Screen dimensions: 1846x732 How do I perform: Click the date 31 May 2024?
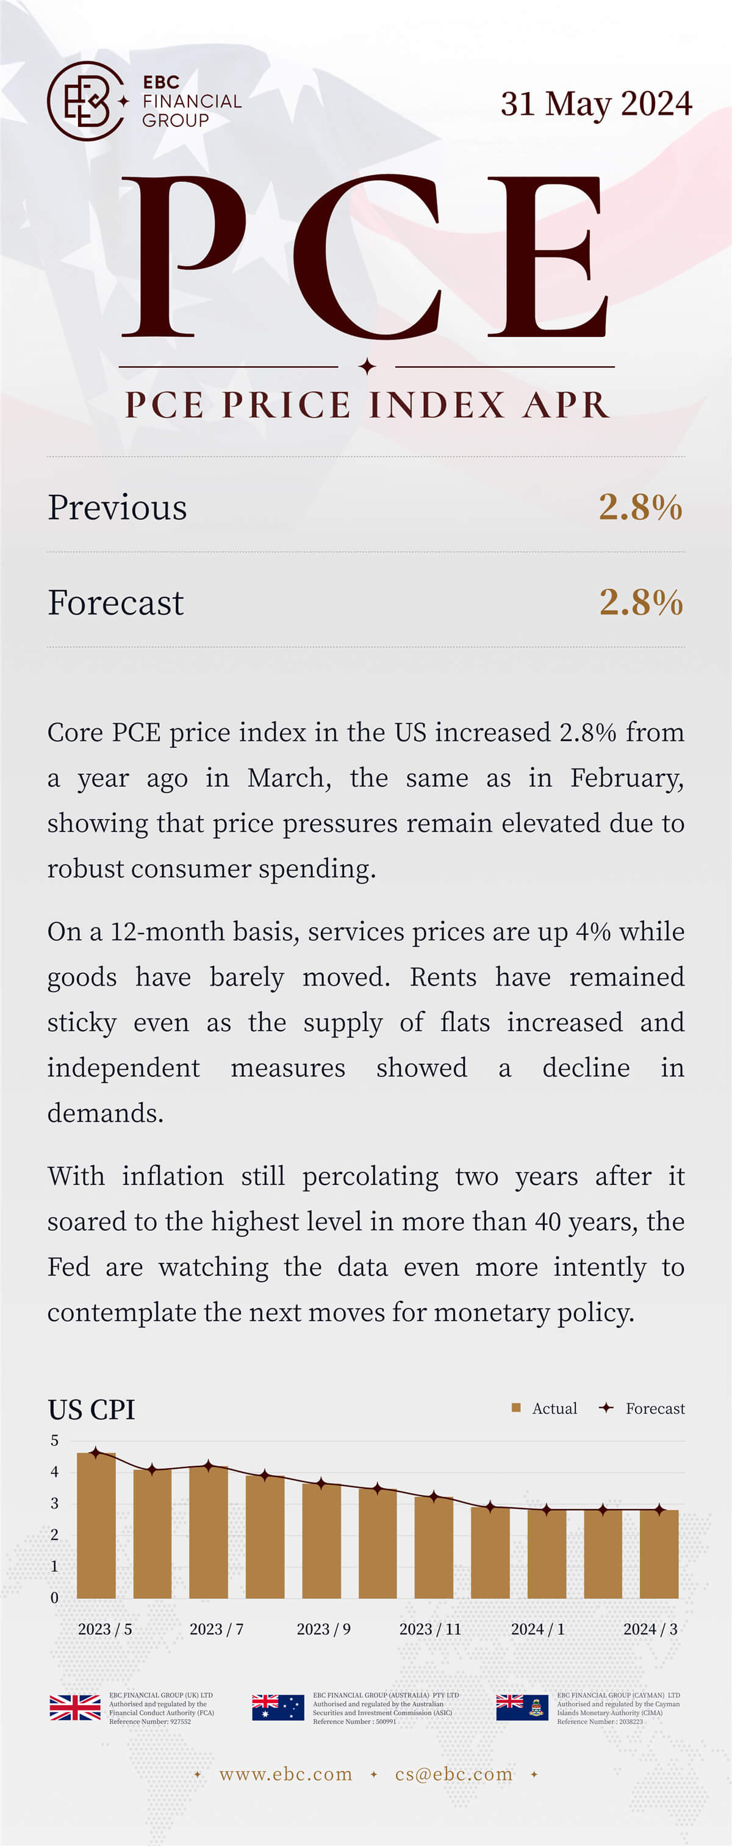(x=596, y=104)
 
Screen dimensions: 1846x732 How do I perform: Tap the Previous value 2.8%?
(x=640, y=507)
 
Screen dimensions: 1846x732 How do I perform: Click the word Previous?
(x=118, y=507)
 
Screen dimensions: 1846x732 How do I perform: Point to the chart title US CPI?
(x=91, y=1410)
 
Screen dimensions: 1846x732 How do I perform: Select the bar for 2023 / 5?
(x=96, y=1526)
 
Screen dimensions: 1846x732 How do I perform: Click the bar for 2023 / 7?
(x=209, y=1534)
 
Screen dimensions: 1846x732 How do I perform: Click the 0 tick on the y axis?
(x=54, y=1598)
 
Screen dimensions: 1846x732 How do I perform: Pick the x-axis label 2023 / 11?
(x=430, y=1629)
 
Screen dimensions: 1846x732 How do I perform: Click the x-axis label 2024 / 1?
(x=537, y=1629)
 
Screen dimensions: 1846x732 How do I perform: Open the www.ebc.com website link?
(x=285, y=1775)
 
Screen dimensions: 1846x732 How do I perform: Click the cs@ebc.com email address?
(x=453, y=1775)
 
